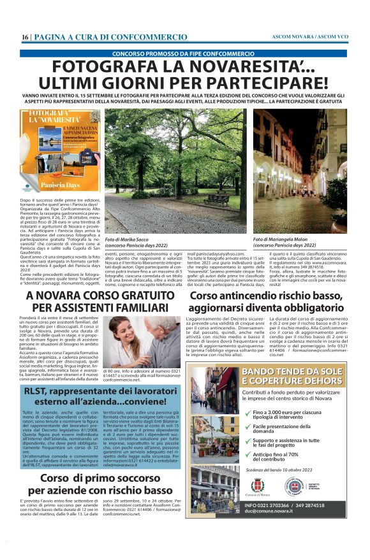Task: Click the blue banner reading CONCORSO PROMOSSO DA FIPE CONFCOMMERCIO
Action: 184,54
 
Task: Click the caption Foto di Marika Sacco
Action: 131,239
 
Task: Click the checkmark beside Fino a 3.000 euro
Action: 246,413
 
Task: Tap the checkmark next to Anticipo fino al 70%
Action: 246,455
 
